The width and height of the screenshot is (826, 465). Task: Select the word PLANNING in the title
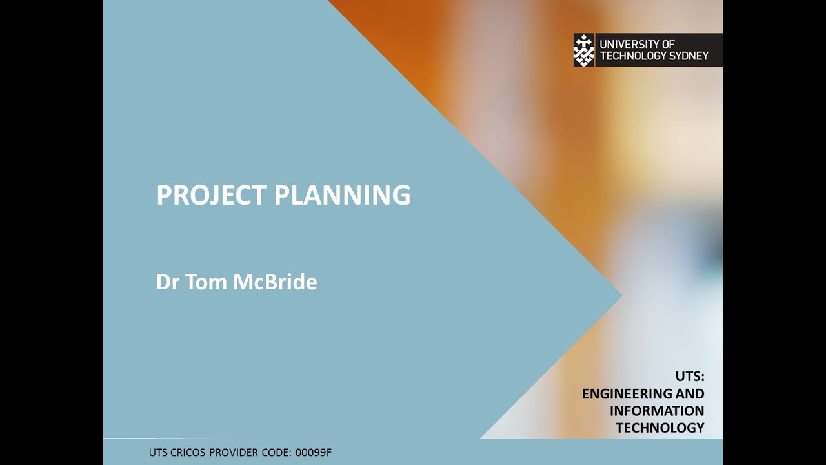(343, 195)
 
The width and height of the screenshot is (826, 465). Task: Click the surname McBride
(275, 282)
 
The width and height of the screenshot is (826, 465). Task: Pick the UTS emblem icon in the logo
(584, 50)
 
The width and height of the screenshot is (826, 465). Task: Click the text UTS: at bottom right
(690, 376)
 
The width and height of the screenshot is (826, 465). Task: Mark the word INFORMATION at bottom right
(657, 411)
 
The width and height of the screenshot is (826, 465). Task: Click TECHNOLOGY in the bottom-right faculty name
(660, 428)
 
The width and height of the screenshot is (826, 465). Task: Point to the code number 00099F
(314, 452)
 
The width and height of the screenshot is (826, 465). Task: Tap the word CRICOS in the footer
(189, 452)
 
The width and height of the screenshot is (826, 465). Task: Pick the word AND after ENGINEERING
(690, 393)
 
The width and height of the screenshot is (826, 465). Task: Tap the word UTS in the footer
(158, 452)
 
